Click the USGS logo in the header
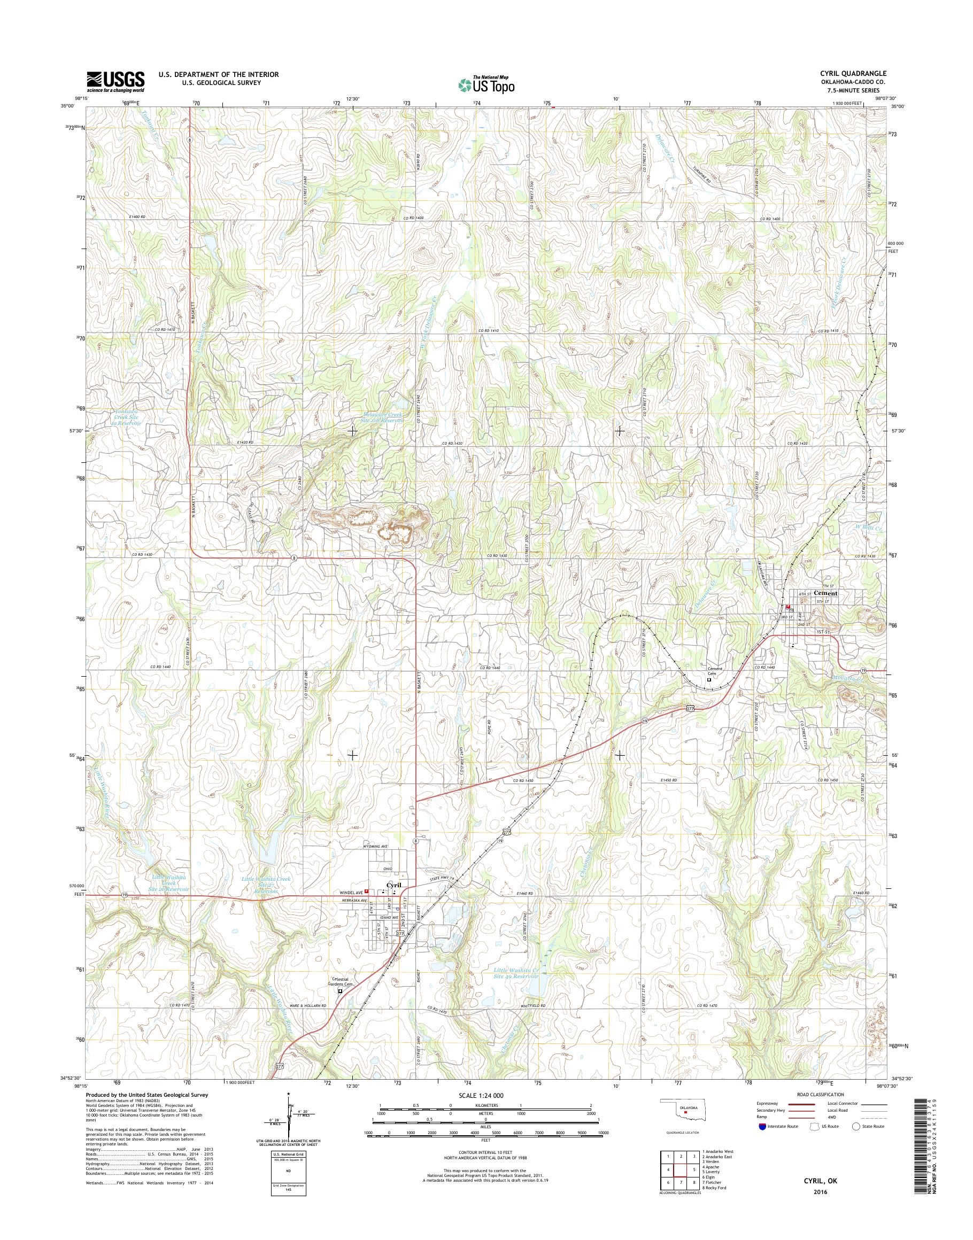(115, 82)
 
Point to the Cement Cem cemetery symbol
(709, 679)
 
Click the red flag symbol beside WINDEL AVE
(366, 909)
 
